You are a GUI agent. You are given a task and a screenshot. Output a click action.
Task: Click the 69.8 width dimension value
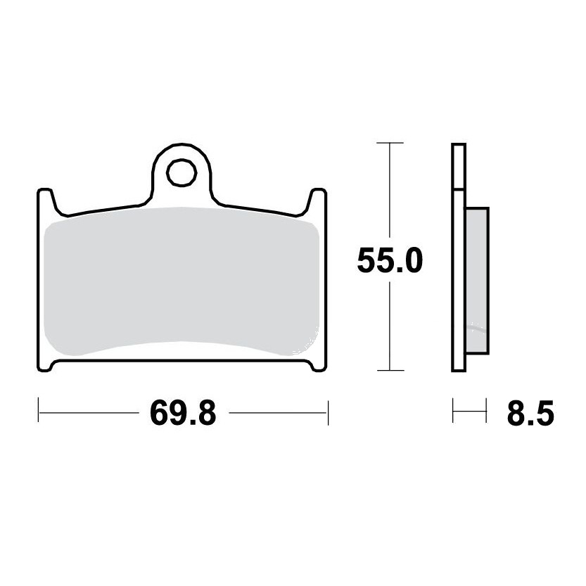pyautogui.click(x=183, y=412)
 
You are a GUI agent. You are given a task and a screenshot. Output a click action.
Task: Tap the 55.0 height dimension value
pyautogui.click(x=390, y=260)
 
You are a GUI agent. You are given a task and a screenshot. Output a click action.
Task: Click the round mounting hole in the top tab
pyautogui.click(x=181, y=172)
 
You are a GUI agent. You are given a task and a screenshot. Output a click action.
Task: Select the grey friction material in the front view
pyautogui.click(x=181, y=280)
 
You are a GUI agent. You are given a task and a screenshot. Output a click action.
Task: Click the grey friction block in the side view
pyautogui.click(x=477, y=280)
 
